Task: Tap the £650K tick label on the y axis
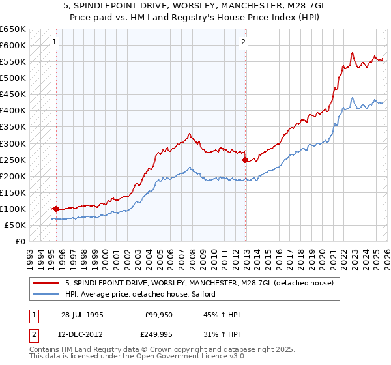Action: pos(12,29)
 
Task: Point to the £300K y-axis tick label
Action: pos(12,143)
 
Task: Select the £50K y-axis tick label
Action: pos(15,225)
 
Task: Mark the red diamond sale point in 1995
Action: pos(56,209)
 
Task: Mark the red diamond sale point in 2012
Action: pos(245,160)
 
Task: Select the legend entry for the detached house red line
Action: pos(199,283)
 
